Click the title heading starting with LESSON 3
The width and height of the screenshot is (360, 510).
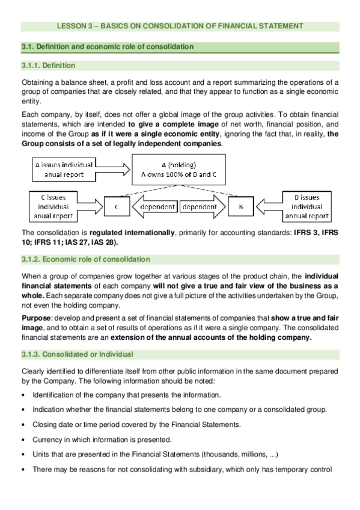click(x=180, y=26)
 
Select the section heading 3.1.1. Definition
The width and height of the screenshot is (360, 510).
click(x=48, y=66)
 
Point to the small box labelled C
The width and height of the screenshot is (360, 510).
click(x=117, y=207)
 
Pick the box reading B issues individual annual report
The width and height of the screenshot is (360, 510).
click(x=306, y=206)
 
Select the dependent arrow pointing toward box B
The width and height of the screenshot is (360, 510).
click(x=203, y=207)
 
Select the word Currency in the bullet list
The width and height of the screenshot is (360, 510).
click(x=47, y=440)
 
